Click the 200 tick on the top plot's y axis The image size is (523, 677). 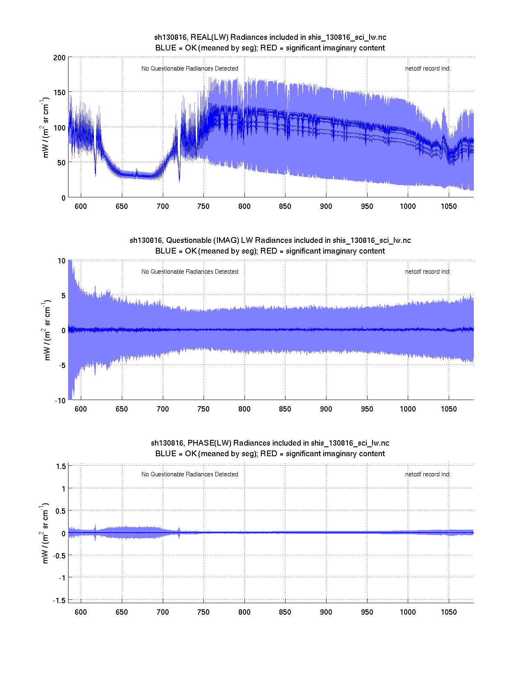tap(59, 57)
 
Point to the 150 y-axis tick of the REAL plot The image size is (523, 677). tap(59, 92)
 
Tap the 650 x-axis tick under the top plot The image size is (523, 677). tap(122, 206)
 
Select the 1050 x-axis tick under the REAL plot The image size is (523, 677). tap(449, 206)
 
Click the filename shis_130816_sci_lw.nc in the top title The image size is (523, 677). tap(347, 37)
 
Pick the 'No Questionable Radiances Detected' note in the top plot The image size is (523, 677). tap(190, 69)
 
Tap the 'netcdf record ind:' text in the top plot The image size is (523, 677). tap(427, 69)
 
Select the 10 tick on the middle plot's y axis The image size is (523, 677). tap(62, 261)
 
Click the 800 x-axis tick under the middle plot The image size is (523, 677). tap(244, 409)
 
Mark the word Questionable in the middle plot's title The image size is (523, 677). tap(189, 240)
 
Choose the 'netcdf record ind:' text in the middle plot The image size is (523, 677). tap(427, 272)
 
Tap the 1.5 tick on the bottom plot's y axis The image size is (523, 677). tap(61, 466)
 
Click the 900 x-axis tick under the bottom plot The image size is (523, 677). tap(326, 612)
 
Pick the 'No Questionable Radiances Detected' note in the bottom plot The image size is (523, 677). tap(190, 474)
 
